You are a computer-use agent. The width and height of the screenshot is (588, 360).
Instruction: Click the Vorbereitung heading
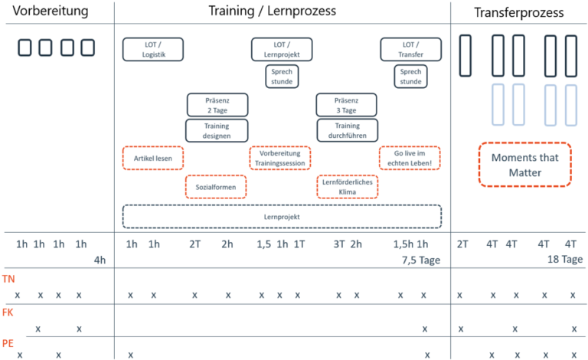tap(51, 11)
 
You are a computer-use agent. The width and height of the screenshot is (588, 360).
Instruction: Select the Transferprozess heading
tap(518, 12)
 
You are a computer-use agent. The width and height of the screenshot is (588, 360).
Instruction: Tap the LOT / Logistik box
tap(153, 49)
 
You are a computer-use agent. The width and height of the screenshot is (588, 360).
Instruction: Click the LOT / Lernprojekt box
tap(282, 49)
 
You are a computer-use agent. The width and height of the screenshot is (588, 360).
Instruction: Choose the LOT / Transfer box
tap(410, 49)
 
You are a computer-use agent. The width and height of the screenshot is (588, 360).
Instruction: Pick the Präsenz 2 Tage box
tap(217, 105)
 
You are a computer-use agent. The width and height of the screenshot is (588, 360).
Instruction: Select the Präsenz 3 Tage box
tap(347, 105)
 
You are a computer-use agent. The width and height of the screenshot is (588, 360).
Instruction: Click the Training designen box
tap(217, 130)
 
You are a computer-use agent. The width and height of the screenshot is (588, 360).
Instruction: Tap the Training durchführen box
tap(348, 130)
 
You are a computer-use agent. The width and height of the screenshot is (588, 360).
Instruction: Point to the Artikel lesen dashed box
tap(153, 158)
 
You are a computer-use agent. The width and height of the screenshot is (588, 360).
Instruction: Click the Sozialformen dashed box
tap(216, 187)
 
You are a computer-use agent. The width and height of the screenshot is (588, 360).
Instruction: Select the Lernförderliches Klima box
tap(348, 187)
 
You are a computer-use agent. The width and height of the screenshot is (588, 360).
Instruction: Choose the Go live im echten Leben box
tap(410, 158)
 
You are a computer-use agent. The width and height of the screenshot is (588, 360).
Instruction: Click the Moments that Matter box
tap(525, 165)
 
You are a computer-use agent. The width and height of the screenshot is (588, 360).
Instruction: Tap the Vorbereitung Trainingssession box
tap(280, 158)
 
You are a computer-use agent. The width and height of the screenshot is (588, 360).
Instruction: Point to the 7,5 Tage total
tap(421, 260)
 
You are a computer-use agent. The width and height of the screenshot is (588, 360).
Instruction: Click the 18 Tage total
tap(565, 259)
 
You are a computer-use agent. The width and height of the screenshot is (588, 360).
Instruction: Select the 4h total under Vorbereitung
tap(100, 260)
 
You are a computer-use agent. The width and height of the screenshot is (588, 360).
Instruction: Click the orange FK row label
tap(8, 312)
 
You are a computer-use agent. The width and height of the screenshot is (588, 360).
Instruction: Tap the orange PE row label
tap(8, 343)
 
